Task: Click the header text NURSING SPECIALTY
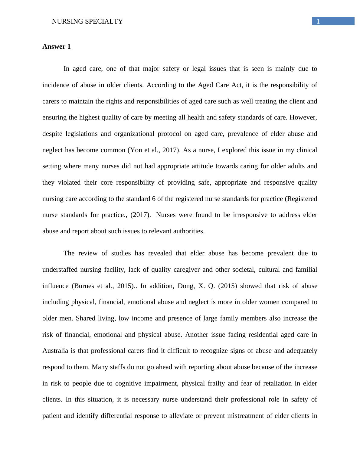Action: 87,21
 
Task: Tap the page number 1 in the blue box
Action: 318,21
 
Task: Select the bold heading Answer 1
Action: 56,47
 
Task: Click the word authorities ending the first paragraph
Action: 189,231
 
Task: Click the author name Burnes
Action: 84,286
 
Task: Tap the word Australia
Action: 55,351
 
